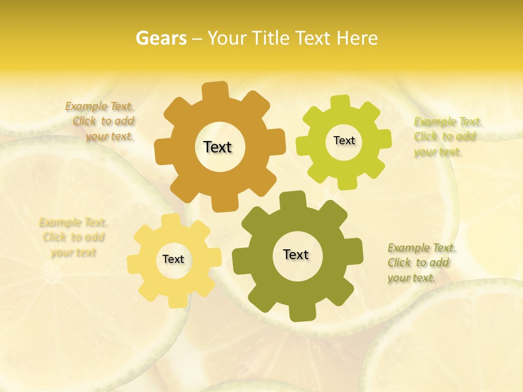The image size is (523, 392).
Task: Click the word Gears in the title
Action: [x=160, y=38]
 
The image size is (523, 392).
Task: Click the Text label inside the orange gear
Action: [x=217, y=147]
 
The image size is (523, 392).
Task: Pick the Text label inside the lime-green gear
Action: [x=344, y=140]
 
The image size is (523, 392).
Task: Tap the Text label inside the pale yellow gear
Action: [x=173, y=259]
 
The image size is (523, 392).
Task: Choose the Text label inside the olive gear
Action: [x=296, y=254]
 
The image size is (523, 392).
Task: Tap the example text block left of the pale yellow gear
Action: [x=73, y=237]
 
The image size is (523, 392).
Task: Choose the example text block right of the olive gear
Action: [x=421, y=263]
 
